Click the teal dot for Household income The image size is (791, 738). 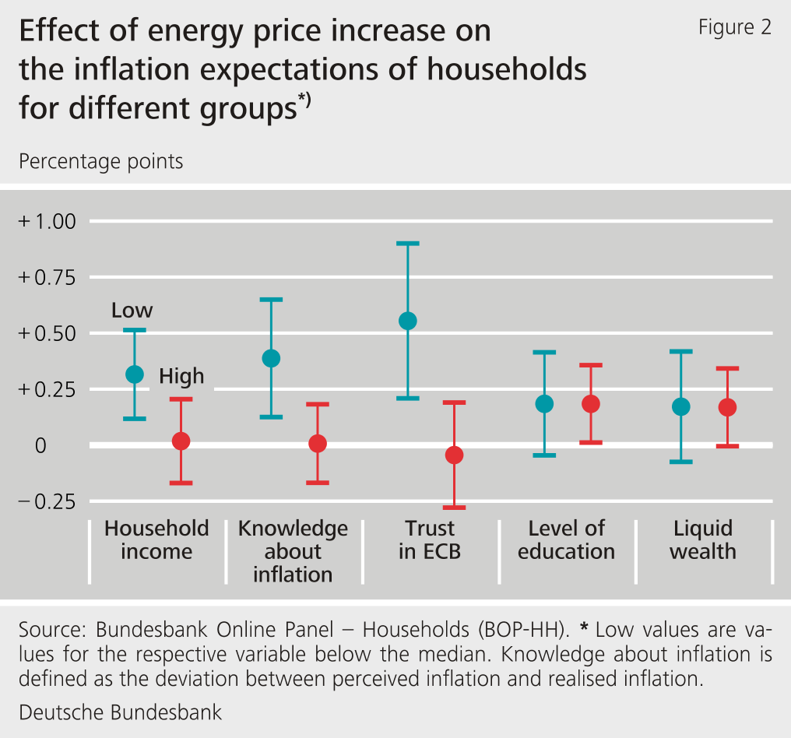(x=135, y=374)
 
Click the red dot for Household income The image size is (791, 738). (x=181, y=441)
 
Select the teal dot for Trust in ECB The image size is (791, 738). (x=408, y=321)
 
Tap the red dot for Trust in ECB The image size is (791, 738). (x=454, y=455)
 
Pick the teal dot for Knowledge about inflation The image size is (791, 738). (x=271, y=358)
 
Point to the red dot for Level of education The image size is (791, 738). (x=591, y=404)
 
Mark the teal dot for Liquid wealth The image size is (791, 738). (x=681, y=406)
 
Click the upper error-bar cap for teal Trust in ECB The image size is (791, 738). (x=408, y=244)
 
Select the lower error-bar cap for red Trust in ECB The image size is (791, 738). (x=454, y=508)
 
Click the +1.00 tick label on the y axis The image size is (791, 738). (x=47, y=222)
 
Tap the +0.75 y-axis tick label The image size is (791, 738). (x=47, y=277)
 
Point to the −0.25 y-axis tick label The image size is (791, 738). (x=47, y=501)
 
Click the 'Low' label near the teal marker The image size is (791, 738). (x=132, y=311)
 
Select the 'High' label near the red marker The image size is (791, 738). (x=181, y=377)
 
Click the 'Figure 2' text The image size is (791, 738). (x=734, y=27)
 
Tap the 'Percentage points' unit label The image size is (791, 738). (x=100, y=161)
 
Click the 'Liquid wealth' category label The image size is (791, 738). (x=703, y=539)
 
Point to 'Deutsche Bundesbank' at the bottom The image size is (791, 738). (x=120, y=712)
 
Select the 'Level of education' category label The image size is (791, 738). (x=566, y=539)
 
